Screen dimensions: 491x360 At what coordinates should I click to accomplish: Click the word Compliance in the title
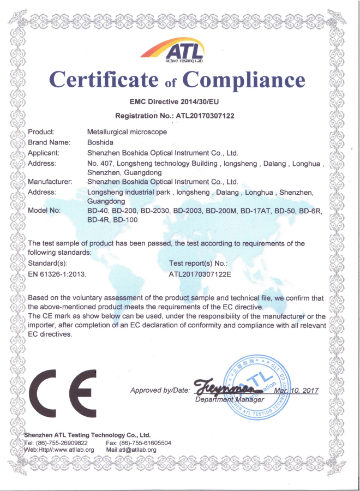pyautogui.click(x=243, y=81)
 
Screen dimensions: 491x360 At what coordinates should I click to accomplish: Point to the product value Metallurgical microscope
pyautogui.click(x=127, y=132)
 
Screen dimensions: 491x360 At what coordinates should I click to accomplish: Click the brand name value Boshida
pyautogui.click(x=100, y=142)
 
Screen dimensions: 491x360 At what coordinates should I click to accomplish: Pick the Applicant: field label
pyautogui.click(x=47, y=153)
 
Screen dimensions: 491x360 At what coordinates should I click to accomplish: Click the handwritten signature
pyautogui.click(x=224, y=388)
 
